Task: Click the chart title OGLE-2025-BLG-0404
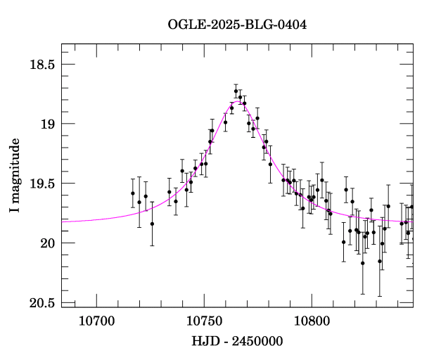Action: [237, 25]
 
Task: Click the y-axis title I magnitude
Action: [15, 175]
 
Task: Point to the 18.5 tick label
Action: [42, 65]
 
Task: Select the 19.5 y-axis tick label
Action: [42, 184]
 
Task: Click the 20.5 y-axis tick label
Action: [42, 303]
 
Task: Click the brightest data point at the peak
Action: [236, 91]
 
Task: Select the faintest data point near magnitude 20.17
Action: [363, 263]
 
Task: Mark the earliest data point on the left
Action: [132, 193]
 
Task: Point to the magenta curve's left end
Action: [63, 221]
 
